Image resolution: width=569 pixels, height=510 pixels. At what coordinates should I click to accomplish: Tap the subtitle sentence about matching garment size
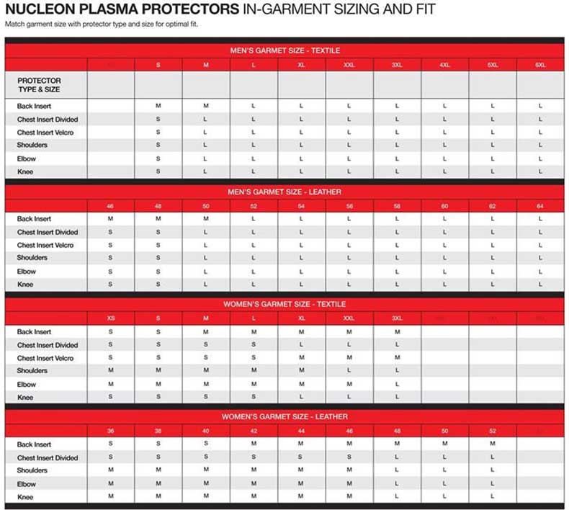coord(101,24)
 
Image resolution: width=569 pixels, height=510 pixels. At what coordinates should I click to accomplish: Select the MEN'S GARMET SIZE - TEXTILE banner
coord(284,50)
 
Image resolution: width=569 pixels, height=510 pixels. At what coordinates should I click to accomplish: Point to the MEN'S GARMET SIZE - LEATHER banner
coord(284,192)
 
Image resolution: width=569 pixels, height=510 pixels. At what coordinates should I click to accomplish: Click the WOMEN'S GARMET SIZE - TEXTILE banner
coord(284,304)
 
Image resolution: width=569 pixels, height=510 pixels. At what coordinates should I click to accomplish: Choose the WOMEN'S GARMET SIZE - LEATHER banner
coord(284,416)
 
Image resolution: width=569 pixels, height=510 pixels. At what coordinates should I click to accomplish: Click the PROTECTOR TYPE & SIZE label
coord(39,85)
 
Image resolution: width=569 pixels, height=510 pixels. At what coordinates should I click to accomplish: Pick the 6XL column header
coord(540,65)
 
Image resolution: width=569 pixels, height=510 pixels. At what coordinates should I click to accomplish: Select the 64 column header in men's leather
coord(540,206)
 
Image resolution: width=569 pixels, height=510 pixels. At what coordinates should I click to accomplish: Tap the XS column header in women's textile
coord(110,318)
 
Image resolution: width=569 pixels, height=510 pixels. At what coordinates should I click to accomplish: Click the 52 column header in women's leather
coord(493,430)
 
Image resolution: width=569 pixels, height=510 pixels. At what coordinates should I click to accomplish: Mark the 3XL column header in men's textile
coord(397,65)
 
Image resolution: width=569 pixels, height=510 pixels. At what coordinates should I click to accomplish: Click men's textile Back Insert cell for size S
coord(158,106)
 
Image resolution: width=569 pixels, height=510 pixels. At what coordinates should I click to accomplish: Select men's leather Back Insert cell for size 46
coord(110,218)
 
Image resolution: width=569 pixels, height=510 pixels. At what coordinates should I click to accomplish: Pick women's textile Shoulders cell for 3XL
coord(397,370)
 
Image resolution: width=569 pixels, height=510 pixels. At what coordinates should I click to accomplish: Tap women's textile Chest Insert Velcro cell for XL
coord(301,358)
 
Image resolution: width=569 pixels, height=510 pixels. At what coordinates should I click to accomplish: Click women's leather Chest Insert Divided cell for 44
coord(301,457)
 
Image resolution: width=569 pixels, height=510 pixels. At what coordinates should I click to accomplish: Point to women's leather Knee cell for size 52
coord(493,496)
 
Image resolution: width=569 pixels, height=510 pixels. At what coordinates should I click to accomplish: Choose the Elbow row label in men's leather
coord(27,272)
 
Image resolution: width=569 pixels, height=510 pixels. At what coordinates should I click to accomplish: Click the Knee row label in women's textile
coord(25,397)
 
